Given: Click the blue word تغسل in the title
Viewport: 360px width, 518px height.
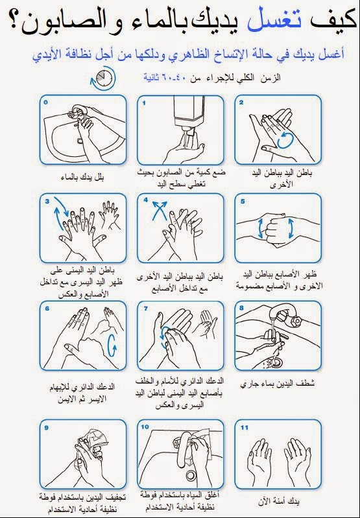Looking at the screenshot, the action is coord(275,21).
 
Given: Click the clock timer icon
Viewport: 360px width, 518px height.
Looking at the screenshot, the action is coord(104,79).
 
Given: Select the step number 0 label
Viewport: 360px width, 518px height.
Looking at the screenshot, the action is coord(45,102).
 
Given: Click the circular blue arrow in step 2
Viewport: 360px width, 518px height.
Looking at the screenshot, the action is coord(285,140).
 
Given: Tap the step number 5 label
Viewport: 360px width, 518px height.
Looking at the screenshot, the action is coord(243,201).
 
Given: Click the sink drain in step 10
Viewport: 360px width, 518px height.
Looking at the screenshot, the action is coord(191,475).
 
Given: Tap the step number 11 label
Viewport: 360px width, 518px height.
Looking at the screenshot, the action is coord(245,427).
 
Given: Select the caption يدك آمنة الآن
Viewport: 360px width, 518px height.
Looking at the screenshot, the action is coord(279,502).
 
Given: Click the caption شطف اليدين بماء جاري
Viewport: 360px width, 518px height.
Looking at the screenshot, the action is coord(278,383).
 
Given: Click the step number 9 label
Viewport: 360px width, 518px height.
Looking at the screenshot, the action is coord(46,427).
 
